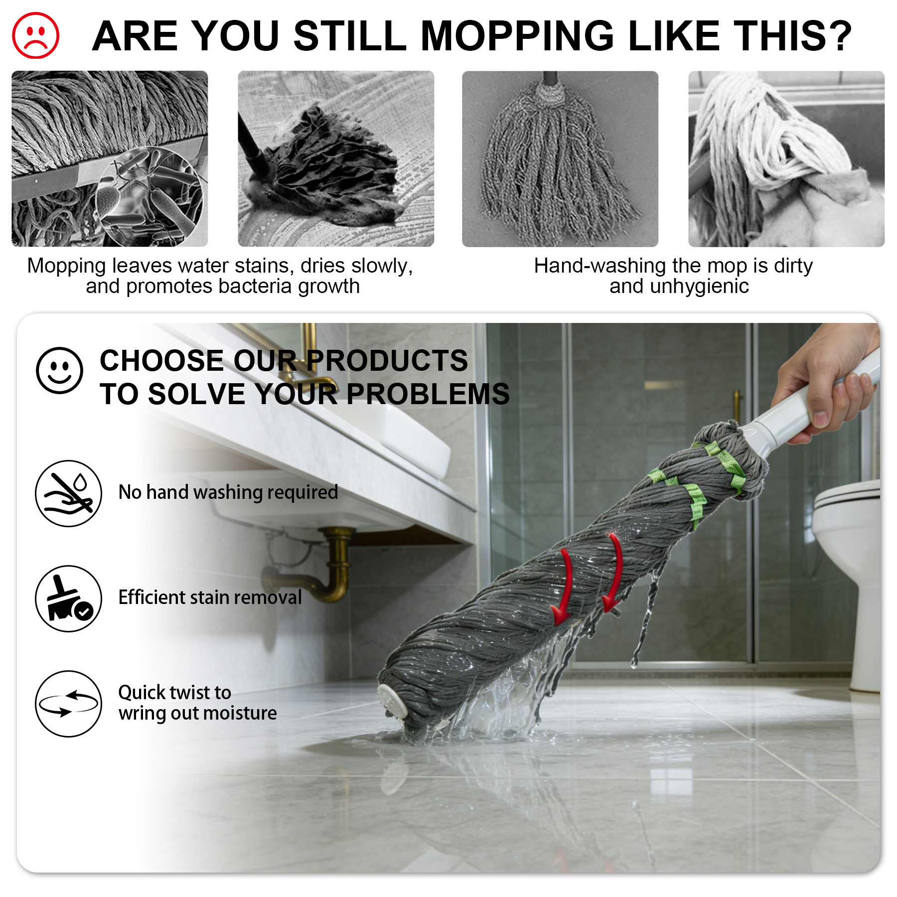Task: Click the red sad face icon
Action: pos(35,35)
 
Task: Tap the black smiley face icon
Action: pos(59,370)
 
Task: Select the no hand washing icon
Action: pos(68,493)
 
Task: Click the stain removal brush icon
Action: pos(68,598)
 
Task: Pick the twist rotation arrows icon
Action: pos(68,703)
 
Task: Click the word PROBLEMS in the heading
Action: pos(428,394)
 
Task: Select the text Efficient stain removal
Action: pos(210,597)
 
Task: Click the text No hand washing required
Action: pos(228,492)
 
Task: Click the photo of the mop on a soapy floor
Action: pos(336,158)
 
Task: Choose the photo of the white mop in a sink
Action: pos(786,158)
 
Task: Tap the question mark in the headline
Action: pos(839,36)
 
